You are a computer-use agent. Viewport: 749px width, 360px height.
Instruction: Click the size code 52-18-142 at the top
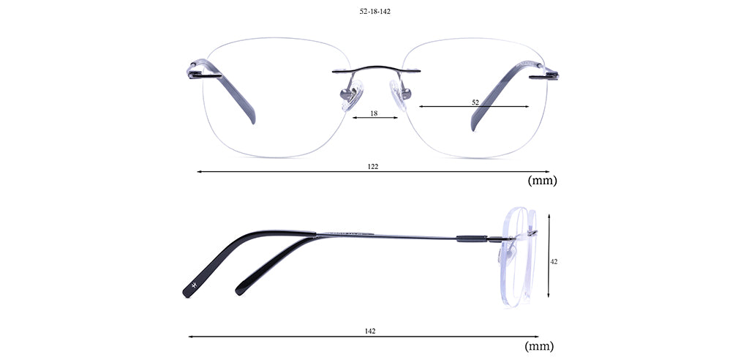tap(375, 12)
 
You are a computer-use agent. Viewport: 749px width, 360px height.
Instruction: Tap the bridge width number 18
tap(374, 113)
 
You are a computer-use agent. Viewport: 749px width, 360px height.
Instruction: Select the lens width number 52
tap(475, 102)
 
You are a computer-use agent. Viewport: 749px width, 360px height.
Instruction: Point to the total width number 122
tap(373, 166)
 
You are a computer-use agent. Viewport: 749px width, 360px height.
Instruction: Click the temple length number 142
tap(370, 331)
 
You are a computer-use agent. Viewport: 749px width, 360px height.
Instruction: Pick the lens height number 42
tap(554, 261)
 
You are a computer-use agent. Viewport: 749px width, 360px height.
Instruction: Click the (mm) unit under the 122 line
tap(542, 181)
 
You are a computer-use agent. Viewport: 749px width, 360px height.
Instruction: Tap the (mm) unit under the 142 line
tap(539, 346)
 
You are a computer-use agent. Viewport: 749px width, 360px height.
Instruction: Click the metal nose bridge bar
tap(377, 70)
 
